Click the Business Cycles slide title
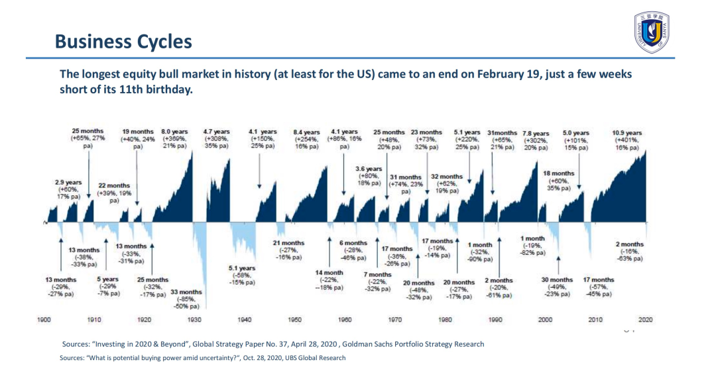[123, 42]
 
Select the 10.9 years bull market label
[626, 140]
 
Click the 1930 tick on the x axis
[194, 319]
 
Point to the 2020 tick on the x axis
[645, 319]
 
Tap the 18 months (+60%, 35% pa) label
[558, 181]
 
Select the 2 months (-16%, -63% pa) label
[629, 252]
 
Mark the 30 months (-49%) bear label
[557, 287]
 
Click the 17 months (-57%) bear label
[598, 287]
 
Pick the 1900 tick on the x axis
[44, 319]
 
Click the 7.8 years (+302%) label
[536, 140]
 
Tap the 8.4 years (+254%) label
[306, 140]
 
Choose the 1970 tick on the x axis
[394, 319]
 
